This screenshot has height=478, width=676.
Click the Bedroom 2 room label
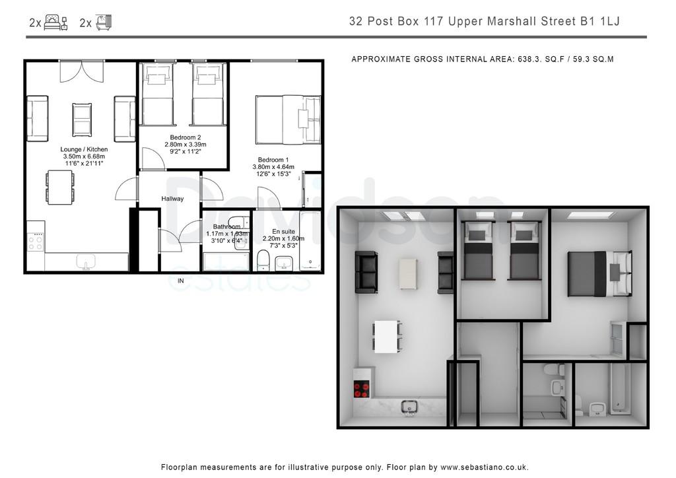[x=186, y=137]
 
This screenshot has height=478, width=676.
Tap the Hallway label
[x=172, y=199]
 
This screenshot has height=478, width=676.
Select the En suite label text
[x=284, y=232]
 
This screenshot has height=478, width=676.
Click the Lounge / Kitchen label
[x=84, y=149]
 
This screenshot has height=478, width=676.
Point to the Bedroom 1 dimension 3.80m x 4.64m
[x=273, y=167]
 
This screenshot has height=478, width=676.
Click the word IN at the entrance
[x=181, y=281]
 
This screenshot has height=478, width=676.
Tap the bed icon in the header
[x=56, y=22]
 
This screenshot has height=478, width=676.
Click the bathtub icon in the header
[x=104, y=22]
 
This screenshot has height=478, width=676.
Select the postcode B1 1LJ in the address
[x=599, y=21]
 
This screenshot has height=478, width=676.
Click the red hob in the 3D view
[x=361, y=390]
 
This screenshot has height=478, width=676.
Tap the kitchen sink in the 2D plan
[x=86, y=261]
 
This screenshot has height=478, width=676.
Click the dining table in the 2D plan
[x=60, y=188]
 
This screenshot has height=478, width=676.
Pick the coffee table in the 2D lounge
[x=82, y=119]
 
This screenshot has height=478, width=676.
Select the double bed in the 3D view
[x=599, y=274]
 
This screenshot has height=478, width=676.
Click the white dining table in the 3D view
[x=388, y=337]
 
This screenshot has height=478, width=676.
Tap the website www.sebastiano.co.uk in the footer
[x=484, y=467]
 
